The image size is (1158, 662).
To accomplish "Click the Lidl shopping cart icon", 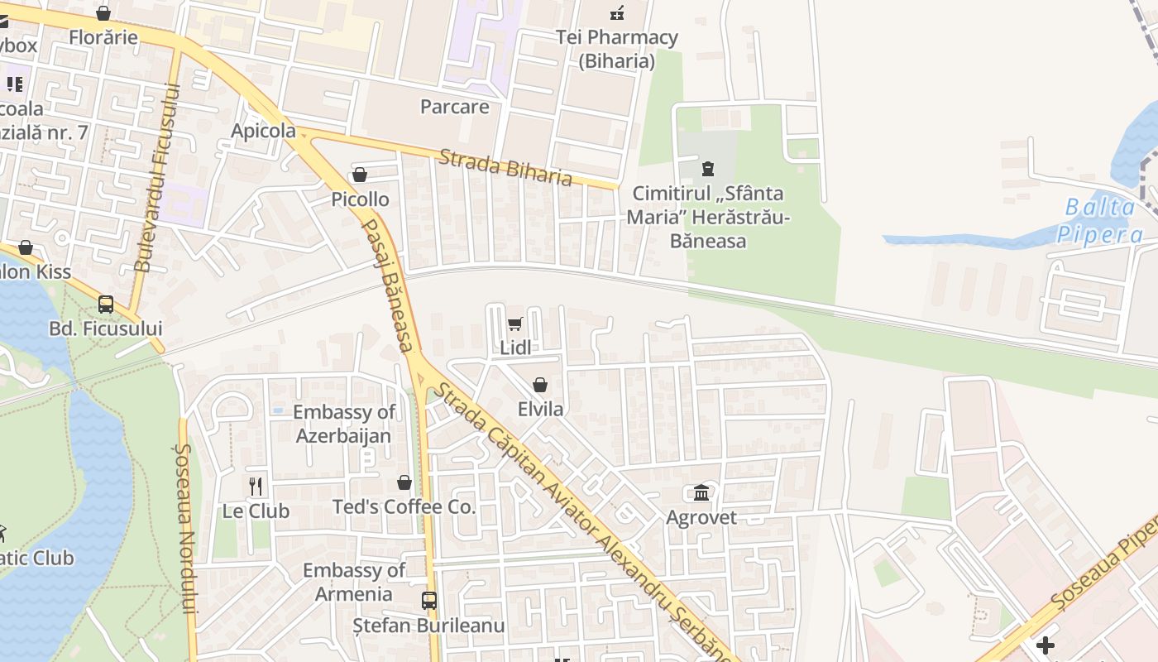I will [515, 324].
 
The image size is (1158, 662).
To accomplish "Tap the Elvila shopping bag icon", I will [540, 385].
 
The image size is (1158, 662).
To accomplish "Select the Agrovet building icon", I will [701, 493].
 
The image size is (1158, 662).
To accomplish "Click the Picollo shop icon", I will [360, 175].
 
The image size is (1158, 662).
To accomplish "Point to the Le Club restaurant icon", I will [256, 487].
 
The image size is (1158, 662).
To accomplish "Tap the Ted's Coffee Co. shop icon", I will [404, 482].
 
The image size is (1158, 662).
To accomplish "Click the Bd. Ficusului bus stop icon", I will [106, 304].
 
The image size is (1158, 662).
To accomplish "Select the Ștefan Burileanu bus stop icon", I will [428, 600].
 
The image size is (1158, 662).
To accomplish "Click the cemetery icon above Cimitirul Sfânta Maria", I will [707, 169].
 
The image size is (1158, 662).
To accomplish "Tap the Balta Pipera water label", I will [1100, 220].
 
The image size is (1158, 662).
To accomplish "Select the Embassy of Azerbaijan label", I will [344, 424].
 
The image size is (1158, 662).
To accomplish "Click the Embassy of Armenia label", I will [354, 582].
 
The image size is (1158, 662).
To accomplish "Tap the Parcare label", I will [454, 107].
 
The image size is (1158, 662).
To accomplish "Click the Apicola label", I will [263, 131].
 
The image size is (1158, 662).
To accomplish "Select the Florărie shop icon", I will [103, 13].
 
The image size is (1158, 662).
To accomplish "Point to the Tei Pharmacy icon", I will [617, 12].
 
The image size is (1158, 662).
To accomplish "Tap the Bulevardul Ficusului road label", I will [156, 177].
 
